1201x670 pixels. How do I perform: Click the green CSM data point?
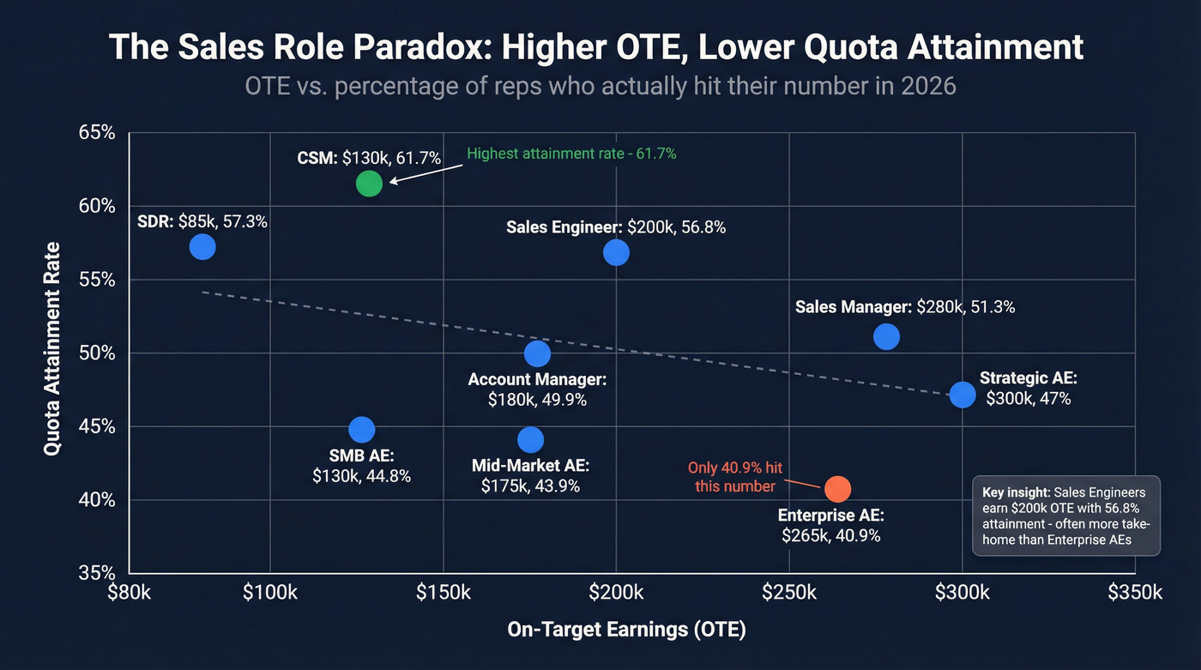(368, 183)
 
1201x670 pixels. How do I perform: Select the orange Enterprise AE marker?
(837, 488)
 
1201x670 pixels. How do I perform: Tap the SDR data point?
(202, 247)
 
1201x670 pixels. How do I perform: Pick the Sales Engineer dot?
(616, 252)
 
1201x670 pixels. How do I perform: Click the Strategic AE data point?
(963, 395)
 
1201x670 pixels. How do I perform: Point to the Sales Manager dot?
(886, 336)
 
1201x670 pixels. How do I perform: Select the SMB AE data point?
(362, 430)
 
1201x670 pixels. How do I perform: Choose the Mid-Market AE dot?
(531, 440)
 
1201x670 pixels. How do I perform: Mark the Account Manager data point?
(537, 353)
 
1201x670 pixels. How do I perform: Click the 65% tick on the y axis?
(97, 133)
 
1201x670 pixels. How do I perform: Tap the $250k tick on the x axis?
(789, 593)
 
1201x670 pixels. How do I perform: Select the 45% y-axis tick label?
(97, 426)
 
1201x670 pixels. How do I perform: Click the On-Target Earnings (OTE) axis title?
(627, 630)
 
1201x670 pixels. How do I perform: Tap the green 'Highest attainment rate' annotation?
(572, 154)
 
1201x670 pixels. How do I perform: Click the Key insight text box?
(1066, 516)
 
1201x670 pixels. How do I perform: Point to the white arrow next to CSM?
(426, 170)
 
